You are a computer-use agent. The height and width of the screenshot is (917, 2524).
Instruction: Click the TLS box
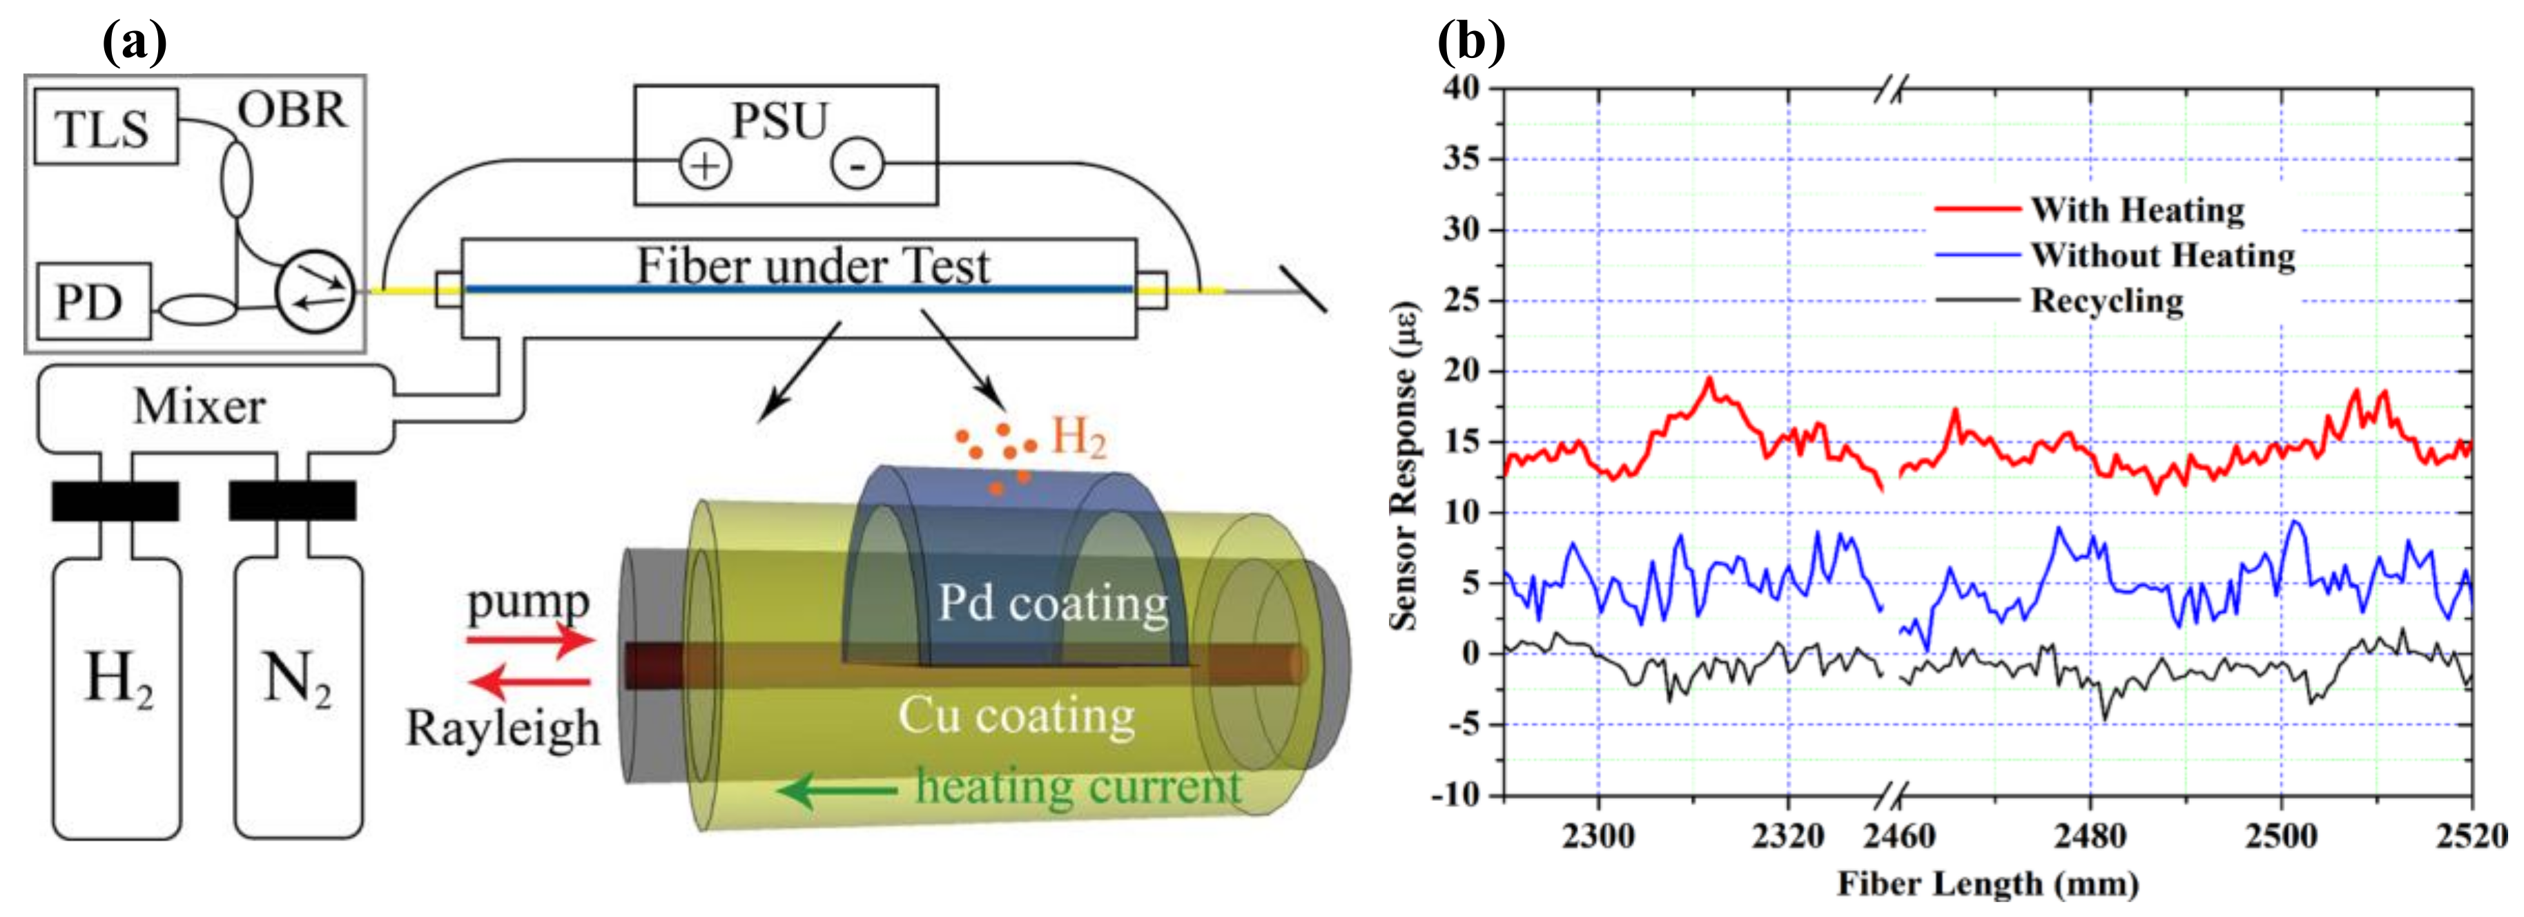pyautogui.click(x=105, y=127)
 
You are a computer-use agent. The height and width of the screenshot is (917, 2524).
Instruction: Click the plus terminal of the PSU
pyautogui.click(x=704, y=166)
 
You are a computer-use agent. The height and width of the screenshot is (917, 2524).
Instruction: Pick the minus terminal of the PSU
pyautogui.click(x=857, y=166)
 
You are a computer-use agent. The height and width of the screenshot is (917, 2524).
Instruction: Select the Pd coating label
pyautogui.click(x=1054, y=603)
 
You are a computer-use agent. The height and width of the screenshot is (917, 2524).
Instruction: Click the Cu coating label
pyautogui.click(x=1016, y=715)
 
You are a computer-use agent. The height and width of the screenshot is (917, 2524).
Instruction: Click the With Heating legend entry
pyautogui.click(x=2136, y=210)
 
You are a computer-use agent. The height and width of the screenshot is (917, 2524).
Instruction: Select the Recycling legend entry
pyautogui.click(x=2106, y=300)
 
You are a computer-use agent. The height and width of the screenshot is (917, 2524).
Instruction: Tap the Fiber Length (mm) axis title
pyautogui.click(x=1987, y=884)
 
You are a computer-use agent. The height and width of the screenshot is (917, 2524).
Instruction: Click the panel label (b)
pyautogui.click(x=1470, y=41)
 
